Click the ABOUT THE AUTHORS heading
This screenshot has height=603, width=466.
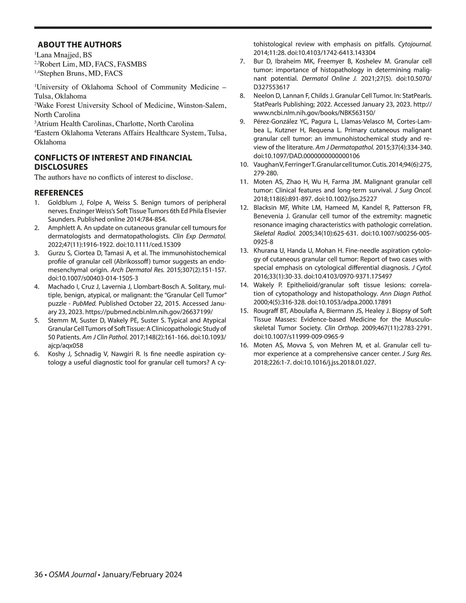pyautogui.click(x=79, y=45)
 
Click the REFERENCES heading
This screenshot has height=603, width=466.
pyautogui.click(x=59, y=193)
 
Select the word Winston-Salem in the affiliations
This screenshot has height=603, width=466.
pyautogui.click(x=202, y=106)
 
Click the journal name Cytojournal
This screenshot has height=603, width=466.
pyautogui.click(x=415, y=44)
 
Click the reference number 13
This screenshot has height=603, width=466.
pyautogui.click(x=243, y=250)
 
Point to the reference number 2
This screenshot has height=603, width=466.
pyautogui.click(x=37, y=228)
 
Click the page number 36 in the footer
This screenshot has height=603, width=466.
pyautogui.click(x=38, y=575)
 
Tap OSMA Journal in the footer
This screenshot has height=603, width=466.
pyautogui.click(x=72, y=575)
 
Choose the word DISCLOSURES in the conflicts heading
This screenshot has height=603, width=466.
pyautogui.click(x=61, y=167)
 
